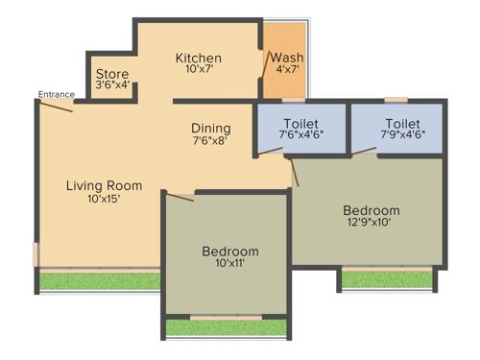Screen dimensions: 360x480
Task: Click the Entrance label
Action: coord(55,93)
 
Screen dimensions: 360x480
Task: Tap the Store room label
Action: coord(112,73)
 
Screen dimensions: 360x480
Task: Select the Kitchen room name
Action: coord(198,59)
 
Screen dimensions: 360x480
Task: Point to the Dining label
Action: coord(210,128)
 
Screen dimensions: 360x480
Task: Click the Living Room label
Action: coord(104,185)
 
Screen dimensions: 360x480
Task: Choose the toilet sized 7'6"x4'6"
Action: coord(300,129)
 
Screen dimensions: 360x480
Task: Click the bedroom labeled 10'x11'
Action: coord(229,257)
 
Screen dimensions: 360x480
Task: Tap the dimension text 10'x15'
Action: coord(104,200)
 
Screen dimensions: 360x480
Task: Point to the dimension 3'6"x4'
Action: coord(112,85)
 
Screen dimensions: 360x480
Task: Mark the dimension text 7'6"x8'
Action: coord(210,141)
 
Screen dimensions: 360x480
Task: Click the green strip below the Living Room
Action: coord(98,281)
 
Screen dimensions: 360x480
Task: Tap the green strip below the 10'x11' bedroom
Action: coord(227,327)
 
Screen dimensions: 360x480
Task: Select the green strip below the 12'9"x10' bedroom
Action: coord(387,279)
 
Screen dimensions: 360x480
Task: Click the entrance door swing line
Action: coord(57,106)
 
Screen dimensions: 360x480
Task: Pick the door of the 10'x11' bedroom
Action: coord(180,197)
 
